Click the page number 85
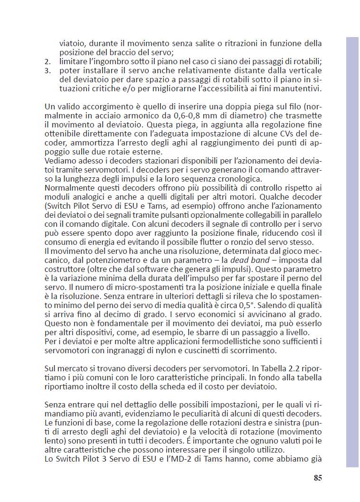point(318,478)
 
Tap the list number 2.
point(47,61)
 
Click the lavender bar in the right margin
point(352,252)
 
